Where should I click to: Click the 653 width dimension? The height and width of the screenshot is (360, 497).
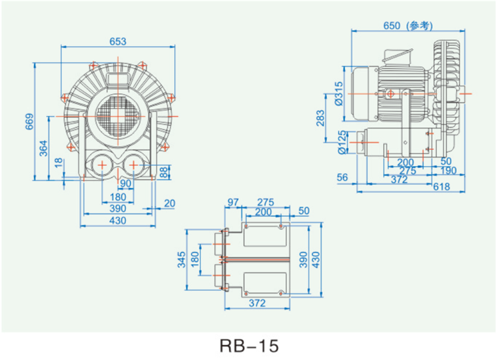[x=118, y=41]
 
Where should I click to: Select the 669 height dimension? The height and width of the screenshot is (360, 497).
[x=29, y=121]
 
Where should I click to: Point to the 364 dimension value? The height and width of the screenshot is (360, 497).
[x=43, y=148]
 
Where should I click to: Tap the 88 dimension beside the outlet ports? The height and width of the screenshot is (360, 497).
[x=163, y=173]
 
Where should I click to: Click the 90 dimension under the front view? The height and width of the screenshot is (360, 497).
[x=125, y=183]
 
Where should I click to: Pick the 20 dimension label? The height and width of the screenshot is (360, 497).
[x=169, y=203]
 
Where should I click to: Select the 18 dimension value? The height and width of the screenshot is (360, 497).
[x=59, y=163]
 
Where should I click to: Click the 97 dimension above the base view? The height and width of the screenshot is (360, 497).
[x=233, y=202]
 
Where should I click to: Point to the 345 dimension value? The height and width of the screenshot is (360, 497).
[x=181, y=259]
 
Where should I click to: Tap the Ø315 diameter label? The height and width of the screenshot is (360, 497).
[x=338, y=93]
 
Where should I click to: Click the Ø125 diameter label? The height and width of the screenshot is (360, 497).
[x=342, y=142]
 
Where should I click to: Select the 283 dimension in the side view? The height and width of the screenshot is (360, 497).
[x=320, y=118]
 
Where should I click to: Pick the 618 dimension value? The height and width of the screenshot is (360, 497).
[x=442, y=187]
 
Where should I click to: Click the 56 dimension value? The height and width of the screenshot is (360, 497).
[x=342, y=177]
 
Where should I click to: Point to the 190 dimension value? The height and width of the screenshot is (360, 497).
[x=448, y=171]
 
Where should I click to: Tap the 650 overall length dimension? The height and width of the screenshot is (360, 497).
[x=392, y=25]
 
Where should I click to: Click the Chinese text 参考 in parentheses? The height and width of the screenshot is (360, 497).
[x=420, y=26]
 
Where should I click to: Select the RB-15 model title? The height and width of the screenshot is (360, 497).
[x=249, y=346]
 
